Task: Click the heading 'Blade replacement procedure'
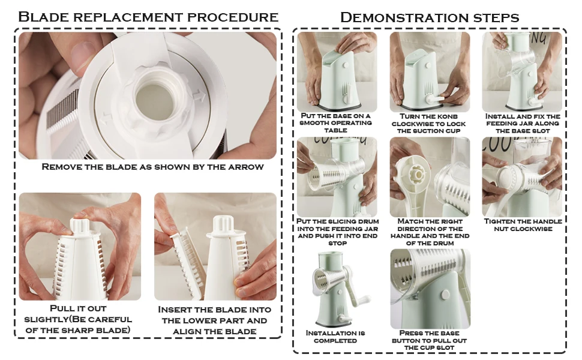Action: [148, 16]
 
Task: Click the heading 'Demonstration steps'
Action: [429, 17]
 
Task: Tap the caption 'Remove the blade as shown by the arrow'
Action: [152, 167]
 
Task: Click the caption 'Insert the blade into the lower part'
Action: [214, 320]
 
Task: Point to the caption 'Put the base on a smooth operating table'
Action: [336, 122]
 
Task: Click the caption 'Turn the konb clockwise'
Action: [429, 122]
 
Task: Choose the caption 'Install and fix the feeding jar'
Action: [522, 122]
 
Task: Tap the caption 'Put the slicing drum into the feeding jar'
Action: [337, 232]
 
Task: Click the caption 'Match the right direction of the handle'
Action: [429, 232]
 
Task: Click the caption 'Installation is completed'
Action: [335, 337]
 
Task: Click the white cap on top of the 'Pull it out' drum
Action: [80, 226]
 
